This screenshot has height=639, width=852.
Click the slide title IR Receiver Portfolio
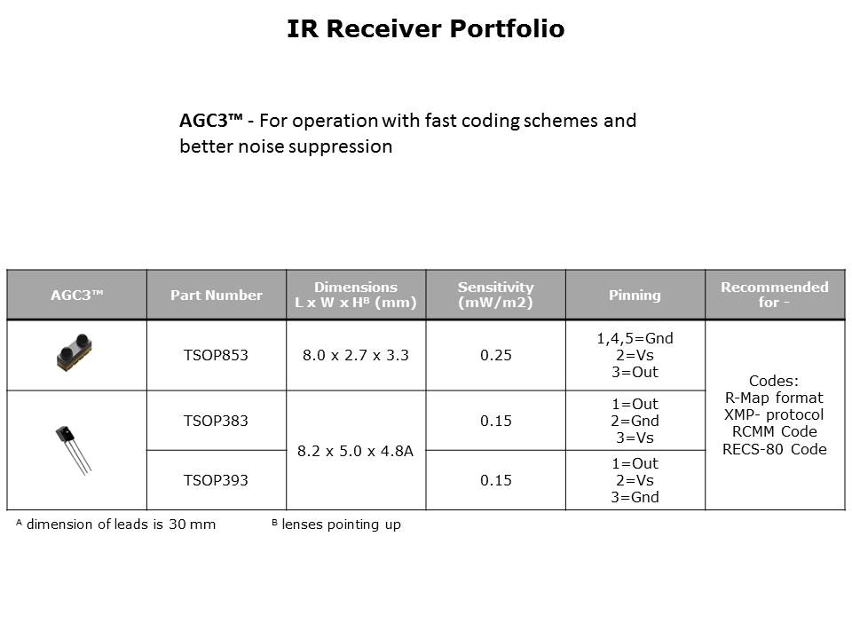pyautogui.click(x=425, y=29)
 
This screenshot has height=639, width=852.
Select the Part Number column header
pyautogui.click(x=217, y=296)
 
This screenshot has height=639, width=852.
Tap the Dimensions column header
pyautogui.click(x=356, y=296)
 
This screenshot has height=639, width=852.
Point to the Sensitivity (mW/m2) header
pyautogui.click(x=495, y=296)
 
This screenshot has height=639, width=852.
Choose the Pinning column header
pyautogui.click(x=635, y=296)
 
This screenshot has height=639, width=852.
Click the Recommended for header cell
pyautogui.click(x=774, y=296)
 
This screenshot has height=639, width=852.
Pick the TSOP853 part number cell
pyautogui.click(x=216, y=355)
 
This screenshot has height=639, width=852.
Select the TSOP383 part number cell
pyautogui.click(x=216, y=421)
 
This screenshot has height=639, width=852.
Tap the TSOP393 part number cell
pyautogui.click(x=216, y=480)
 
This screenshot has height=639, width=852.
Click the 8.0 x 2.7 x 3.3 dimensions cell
pyautogui.click(x=356, y=355)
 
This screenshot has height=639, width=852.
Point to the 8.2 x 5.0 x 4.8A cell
pyautogui.click(x=356, y=451)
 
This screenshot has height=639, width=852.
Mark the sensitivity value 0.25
pyautogui.click(x=495, y=355)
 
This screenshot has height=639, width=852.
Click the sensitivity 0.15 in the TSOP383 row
pyautogui.click(x=495, y=421)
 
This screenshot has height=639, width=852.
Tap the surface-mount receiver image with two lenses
pyautogui.click(x=76, y=351)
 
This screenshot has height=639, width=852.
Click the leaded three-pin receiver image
pyautogui.click(x=74, y=448)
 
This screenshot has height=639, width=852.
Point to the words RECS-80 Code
pyautogui.click(x=775, y=448)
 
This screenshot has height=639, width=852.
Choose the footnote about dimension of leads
pyautogui.click(x=115, y=525)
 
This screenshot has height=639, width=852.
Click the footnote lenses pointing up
pyautogui.click(x=336, y=525)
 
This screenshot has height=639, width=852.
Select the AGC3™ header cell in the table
pyautogui.click(x=76, y=296)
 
